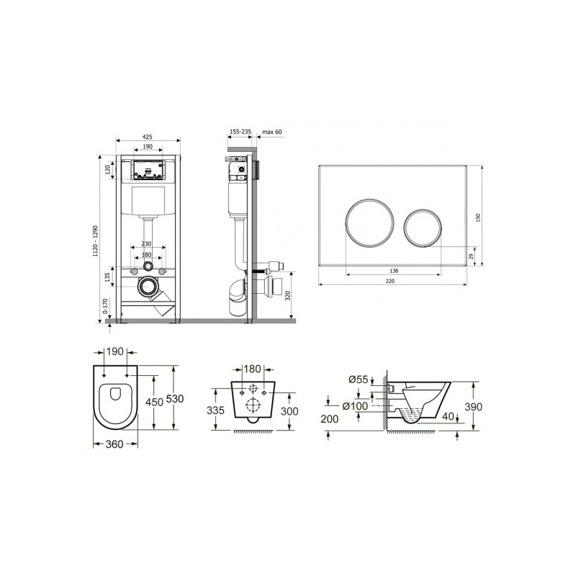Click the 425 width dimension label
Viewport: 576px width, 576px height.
coord(147,137)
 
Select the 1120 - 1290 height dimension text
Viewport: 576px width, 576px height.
coord(96,240)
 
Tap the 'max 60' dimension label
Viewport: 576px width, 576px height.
coord(272,132)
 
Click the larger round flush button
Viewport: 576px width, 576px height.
coord(369,222)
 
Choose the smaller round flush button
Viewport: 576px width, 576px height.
coord(423,228)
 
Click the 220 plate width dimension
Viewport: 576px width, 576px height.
coord(390,281)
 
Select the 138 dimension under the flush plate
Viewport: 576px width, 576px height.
coord(394,271)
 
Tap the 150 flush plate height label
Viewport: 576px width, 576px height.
coord(478,217)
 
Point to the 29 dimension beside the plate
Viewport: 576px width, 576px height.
coord(472,256)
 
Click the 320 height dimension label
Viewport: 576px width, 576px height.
coord(288,295)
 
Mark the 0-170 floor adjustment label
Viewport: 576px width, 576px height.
coord(105,305)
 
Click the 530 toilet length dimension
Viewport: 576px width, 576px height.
coord(174,398)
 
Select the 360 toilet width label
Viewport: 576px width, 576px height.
coord(114,444)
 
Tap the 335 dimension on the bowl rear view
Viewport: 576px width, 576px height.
coord(215,410)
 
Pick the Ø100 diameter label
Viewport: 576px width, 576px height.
coord(355,406)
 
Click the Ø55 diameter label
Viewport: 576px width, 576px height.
coord(358,379)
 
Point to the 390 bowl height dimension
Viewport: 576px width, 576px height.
coord(473,407)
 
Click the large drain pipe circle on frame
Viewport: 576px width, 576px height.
coord(148,286)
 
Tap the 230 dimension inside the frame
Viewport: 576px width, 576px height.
coord(146,244)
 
